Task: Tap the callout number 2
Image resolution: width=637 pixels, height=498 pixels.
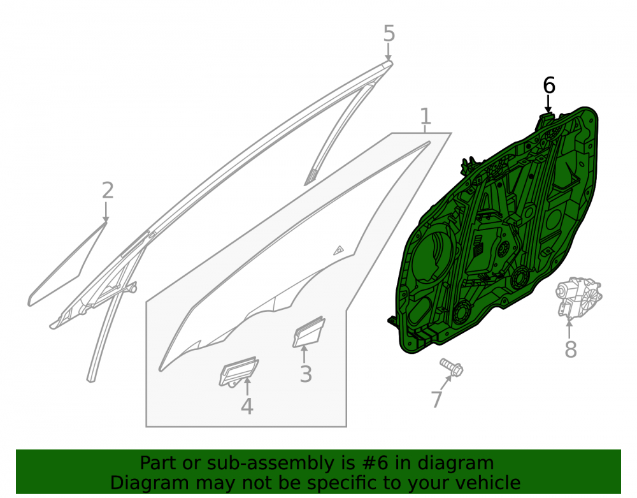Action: [108, 190]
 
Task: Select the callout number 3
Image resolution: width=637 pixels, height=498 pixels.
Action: [306, 374]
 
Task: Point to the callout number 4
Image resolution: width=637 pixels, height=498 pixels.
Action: [247, 406]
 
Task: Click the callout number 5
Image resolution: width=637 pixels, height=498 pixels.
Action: [389, 33]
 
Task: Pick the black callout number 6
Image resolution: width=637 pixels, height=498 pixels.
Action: [549, 86]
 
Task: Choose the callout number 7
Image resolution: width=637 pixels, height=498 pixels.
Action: [436, 400]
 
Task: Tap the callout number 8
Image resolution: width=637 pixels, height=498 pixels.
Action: [571, 349]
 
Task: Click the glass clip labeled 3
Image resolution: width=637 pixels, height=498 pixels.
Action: [309, 332]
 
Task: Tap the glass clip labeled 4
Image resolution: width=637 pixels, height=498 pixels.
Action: [239, 372]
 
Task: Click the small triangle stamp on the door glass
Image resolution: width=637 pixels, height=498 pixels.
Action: [339, 251]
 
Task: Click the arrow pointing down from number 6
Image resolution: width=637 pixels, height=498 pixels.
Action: [548, 104]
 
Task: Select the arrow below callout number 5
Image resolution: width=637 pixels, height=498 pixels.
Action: [389, 52]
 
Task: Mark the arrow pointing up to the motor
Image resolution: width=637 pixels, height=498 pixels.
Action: [569, 329]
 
